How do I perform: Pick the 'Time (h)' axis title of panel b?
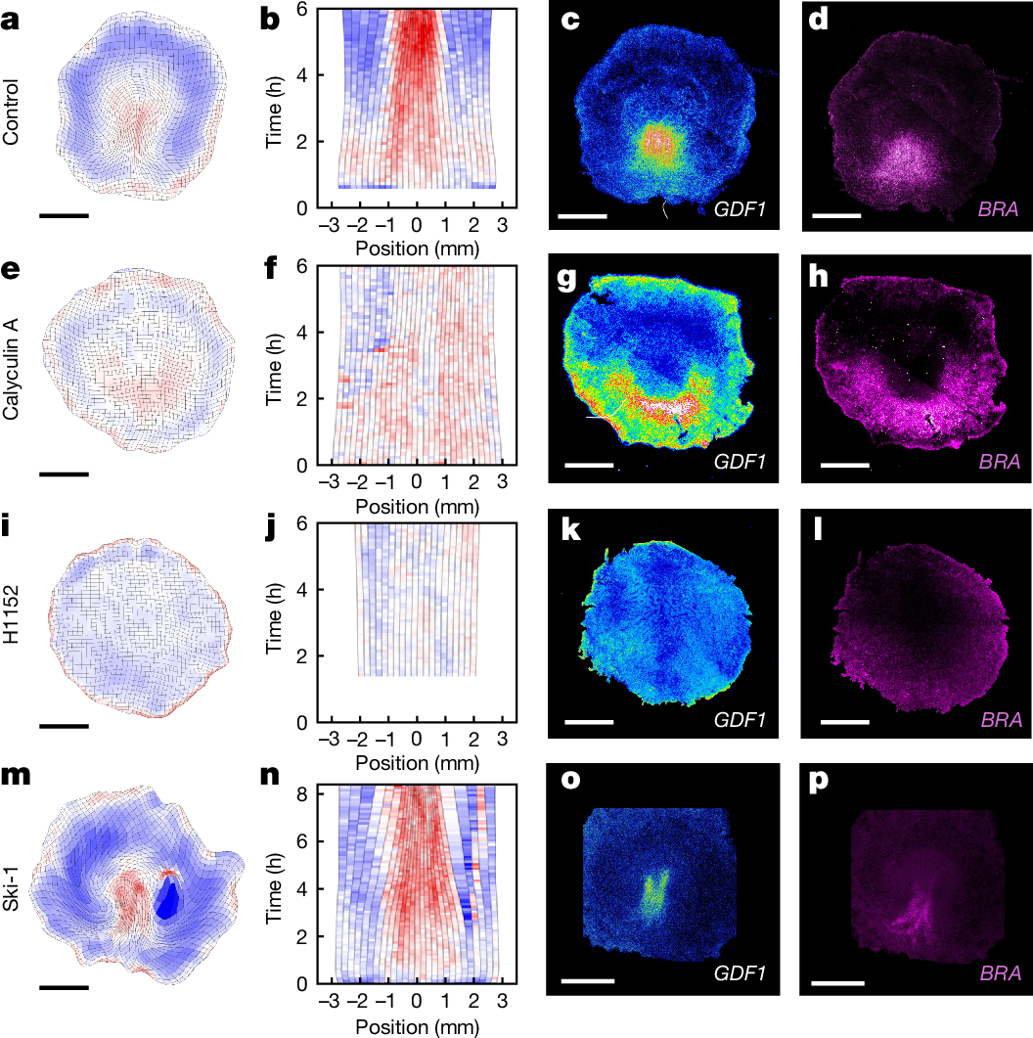[x=276, y=109]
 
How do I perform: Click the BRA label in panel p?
[x=999, y=974]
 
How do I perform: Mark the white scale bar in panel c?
[x=583, y=213]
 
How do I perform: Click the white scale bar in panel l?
[x=844, y=722]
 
